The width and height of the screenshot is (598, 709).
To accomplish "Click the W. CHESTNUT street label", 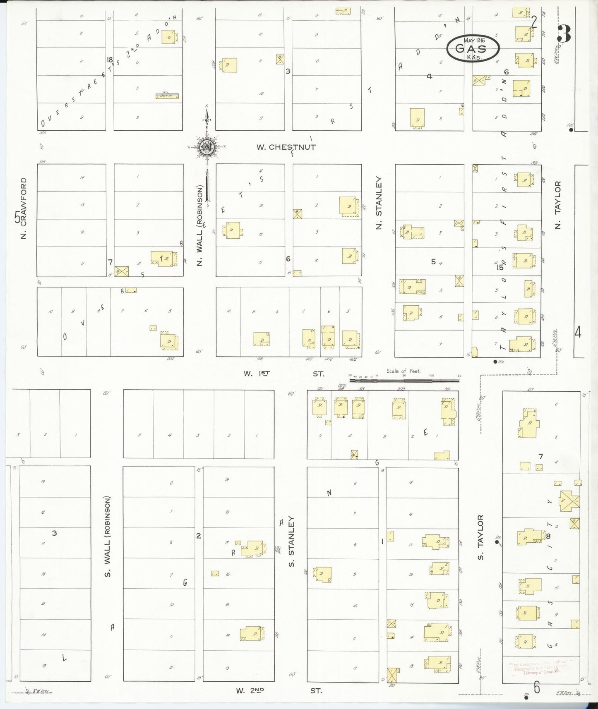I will coord(286,147).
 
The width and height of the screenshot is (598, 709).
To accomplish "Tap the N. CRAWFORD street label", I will coord(23,208).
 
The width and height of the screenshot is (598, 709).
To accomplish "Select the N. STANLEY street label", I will coord(379,202).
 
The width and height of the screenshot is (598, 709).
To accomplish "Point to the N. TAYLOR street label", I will coord(557,205).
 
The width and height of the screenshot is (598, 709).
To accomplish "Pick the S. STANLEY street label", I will coord(291,541).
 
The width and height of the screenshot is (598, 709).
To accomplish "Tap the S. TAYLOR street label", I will coord(480,537).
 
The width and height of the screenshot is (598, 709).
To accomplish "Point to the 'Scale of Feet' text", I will coord(403,371).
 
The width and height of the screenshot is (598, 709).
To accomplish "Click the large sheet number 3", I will coord(564,34).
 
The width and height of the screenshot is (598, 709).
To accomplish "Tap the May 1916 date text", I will coord(474,41).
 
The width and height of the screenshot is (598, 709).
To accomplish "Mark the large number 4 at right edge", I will coord(578,332).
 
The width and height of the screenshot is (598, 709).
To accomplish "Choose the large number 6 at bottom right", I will coord(537,687).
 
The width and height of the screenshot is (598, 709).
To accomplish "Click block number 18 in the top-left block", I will coord(110,60).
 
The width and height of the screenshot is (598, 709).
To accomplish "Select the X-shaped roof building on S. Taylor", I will coord(569,501).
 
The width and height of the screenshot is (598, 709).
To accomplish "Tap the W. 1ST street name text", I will coord(257,374).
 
